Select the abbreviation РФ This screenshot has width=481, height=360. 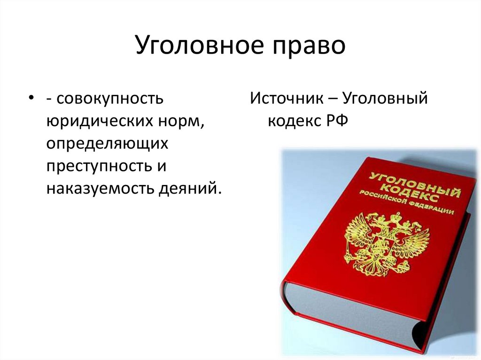(336, 121)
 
